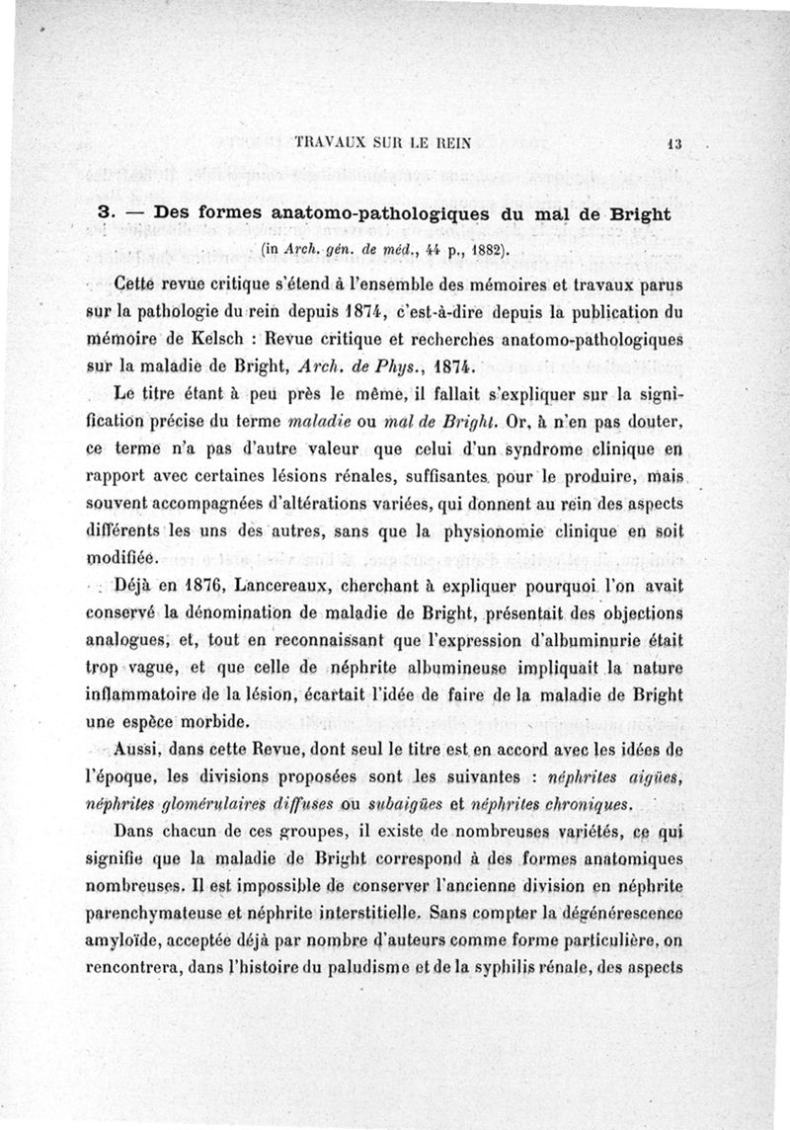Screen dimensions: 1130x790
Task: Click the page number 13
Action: [x=675, y=142]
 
